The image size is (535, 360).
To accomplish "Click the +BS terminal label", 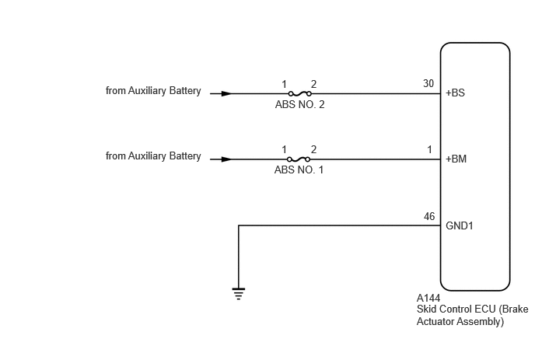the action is pos(455,93).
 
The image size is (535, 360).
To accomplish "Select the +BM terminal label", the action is pos(456,159).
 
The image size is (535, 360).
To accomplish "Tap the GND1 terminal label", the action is pos(460,226).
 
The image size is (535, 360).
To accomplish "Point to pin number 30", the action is pos(428,84).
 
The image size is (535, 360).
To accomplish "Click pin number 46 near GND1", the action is pos(429,216).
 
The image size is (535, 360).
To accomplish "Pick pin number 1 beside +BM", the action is pos(429,149).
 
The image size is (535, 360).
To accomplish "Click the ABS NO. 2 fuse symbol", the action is pos(300,93).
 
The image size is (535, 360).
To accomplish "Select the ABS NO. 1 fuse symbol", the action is pos(299,159).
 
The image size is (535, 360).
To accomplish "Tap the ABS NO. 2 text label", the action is pos(299,104).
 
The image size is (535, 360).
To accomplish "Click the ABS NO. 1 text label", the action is pos(299,170).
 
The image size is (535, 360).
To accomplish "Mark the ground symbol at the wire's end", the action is pos(239,294).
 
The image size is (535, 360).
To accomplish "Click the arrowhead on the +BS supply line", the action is pos(226,93).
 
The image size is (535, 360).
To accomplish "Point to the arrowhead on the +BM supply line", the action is pos(226,159).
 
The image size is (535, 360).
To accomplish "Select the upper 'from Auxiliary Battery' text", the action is pos(153,91).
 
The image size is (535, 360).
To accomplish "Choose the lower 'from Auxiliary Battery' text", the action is pos(153,156).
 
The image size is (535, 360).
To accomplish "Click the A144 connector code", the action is pos(428,299).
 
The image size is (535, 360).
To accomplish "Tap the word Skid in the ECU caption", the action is pos(425,309).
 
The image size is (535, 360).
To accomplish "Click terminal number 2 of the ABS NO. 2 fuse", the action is pos(313,84).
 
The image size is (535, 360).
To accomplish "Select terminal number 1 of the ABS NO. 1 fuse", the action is pos(284,149).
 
